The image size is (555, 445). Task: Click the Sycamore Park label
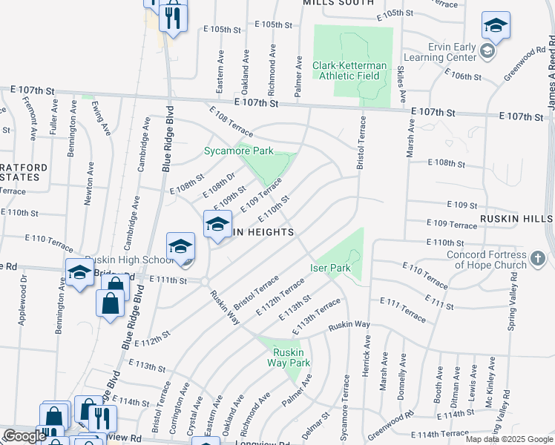coord(239,151)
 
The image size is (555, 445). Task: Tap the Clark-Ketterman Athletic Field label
coord(349,70)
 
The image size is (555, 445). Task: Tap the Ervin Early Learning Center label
coord(440,52)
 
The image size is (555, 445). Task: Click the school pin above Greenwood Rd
coord(495,25)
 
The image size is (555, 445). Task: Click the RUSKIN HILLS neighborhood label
coord(516,220)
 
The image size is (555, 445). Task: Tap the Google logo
coord(24,436)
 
